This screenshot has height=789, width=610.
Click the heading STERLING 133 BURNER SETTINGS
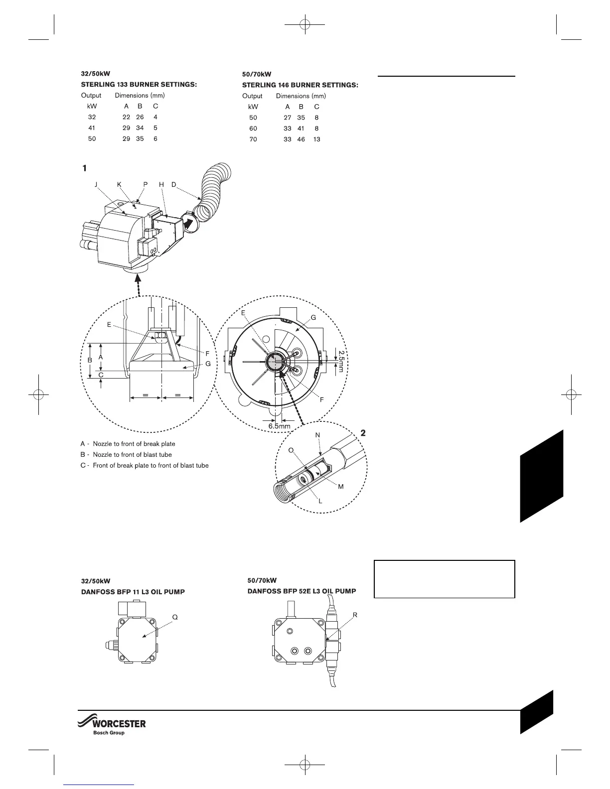pyautogui.click(x=139, y=85)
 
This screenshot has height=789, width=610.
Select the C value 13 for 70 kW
pyautogui.click(x=317, y=139)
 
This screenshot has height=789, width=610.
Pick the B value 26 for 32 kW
pyautogui.click(x=140, y=117)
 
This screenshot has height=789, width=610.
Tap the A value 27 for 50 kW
pyautogui.click(x=288, y=118)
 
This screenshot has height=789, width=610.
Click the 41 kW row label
pyautogui.click(x=92, y=128)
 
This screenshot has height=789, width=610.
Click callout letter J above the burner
pyautogui.click(x=96, y=184)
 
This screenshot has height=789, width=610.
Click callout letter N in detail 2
pyautogui.click(x=317, y=435)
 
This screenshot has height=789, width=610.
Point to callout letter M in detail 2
pyautogui.click(x=341, y=487)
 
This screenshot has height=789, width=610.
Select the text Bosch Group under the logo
pyautogui.click(x=109, y=733)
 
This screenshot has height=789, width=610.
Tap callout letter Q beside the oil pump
pyautogui.click(x=175, y=617)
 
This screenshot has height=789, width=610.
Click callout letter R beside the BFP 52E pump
pyautogui.click(x=355, y=615)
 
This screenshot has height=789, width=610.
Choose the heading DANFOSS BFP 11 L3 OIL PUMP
pyautogui.click(x=133, y=592)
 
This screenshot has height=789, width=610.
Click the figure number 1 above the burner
pyautogui.click(x=85, y=169)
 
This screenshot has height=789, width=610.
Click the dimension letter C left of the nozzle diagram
pyautogui.click(x=101, y=375)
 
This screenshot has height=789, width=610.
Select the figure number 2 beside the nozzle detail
pyautogui.click(x=363, y=433)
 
